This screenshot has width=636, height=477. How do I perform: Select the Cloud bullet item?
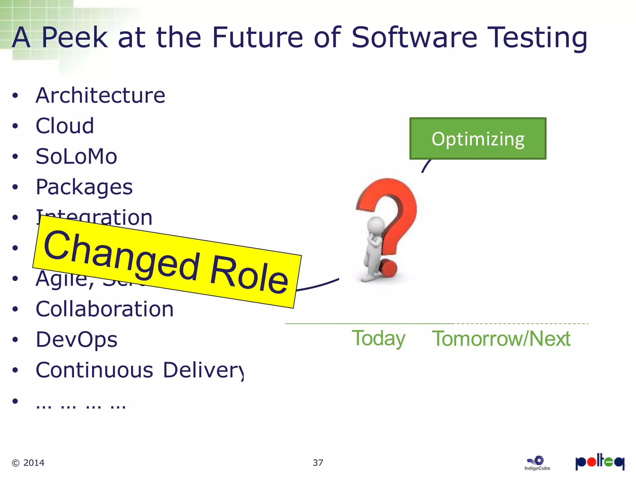pos(65,126)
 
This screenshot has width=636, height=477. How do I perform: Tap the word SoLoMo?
pos(76,156)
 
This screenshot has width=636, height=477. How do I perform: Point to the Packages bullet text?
pos(84,187)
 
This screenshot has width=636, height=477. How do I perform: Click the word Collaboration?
pos(105,309)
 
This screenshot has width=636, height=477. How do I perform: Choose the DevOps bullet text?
pos(76,339)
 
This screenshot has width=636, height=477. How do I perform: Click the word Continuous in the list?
pos(94,370)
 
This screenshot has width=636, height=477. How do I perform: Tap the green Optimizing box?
pos(478,139)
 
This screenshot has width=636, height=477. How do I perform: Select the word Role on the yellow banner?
pos(249,275)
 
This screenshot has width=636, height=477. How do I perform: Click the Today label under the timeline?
pos(378,338)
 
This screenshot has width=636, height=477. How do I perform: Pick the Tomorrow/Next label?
pos(501,338)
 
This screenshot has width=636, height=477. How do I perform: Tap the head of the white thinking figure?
pos(376,225)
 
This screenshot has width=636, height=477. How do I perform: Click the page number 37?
pos(318,463)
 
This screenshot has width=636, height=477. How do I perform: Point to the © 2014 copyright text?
pos(28,463)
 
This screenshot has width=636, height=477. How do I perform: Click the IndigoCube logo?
pos(537,463)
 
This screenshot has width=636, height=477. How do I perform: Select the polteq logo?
pos(600,462)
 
